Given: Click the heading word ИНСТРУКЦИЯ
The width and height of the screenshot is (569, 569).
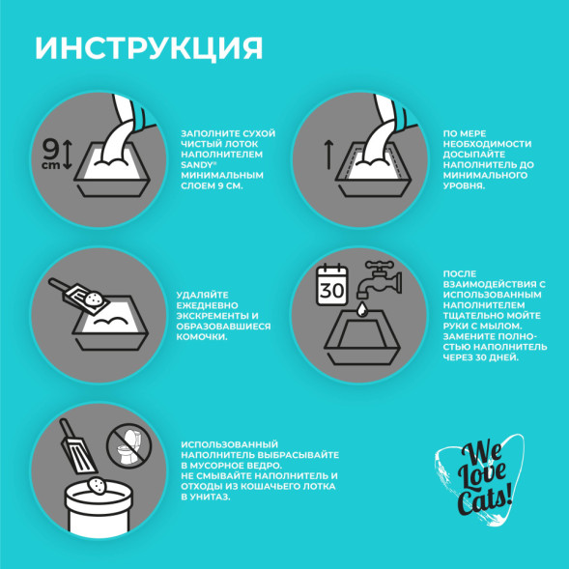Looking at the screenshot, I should (x=149, y=48).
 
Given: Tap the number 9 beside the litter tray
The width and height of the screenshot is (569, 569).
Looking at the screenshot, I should (x=51, y=147).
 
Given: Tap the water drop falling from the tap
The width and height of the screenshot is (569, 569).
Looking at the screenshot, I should (x=358, y=309).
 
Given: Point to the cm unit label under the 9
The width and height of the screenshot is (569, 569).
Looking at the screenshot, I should (x=50, y=163).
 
